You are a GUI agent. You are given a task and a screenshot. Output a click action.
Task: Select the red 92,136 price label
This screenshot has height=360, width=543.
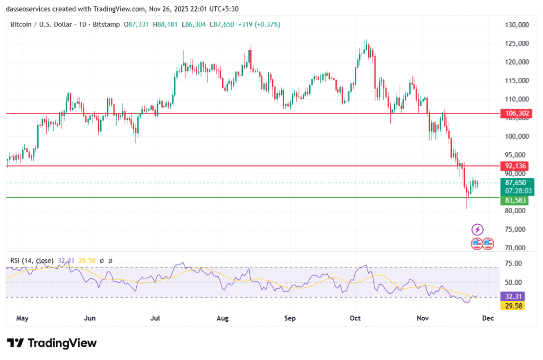coord(516,166)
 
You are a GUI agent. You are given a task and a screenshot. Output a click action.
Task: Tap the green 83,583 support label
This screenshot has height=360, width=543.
coord(515,200)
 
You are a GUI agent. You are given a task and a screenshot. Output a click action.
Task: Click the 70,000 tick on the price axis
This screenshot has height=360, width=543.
coord(516,248)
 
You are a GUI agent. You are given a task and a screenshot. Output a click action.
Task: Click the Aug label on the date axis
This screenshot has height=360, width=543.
coord(223,319)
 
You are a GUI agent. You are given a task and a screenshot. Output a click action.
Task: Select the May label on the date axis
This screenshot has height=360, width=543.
coord(22,319)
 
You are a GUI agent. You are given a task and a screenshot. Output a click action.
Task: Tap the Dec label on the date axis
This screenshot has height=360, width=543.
coord(488,319)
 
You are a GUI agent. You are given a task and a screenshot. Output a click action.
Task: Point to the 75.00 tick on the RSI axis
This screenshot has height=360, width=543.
coord(513,264)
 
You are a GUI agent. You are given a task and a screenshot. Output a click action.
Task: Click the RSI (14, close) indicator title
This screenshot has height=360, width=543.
coord(32,260)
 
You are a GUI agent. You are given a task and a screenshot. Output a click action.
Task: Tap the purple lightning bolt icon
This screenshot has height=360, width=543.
coord(477,230)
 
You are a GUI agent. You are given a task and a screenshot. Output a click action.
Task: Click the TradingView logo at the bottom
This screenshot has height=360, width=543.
coord(52,343)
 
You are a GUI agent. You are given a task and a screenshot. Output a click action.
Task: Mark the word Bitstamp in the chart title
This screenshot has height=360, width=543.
coord(107,24)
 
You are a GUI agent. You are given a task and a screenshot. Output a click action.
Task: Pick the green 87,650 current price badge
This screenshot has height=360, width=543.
coord(515,182)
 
